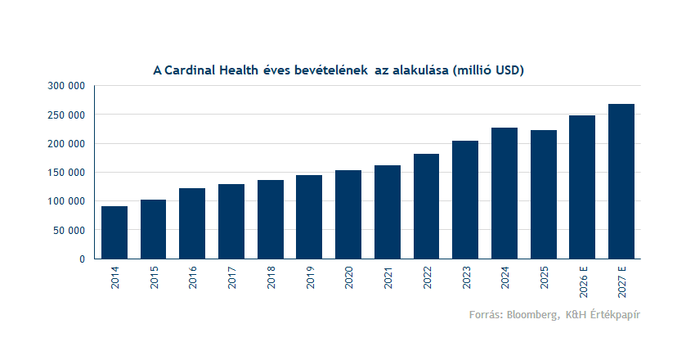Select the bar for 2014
pyautogui.click(x=114, y=232)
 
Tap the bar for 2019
pyautogui.click(x=309, y=217)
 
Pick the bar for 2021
pyautogui.click(x=388, y=212)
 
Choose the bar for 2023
pyautogui.click(x=465, y=200)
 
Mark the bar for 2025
pyautogui.click(x=543, y=195)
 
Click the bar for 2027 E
pyautogui.click(x=621, y=182)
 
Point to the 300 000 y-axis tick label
pyautogui.click(x=67, y=86)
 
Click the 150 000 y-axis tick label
pyautogui.click(x=67, y=173)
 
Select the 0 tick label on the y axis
pyautogui.click(x=82, y=259)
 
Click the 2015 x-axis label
pyautogui.click(x=154, y=278)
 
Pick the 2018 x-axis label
pyautogui.click(x=271, y=278)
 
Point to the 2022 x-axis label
pyautogui.click(x=427, y=278)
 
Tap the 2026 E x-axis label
pyautogui.click(x=583, y=283)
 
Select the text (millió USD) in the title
pyautogui.click(x=487, y=70)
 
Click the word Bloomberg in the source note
pyautogui.click(x=535, y=315)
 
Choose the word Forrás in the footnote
pyautogui.click(x=486, y=315)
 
